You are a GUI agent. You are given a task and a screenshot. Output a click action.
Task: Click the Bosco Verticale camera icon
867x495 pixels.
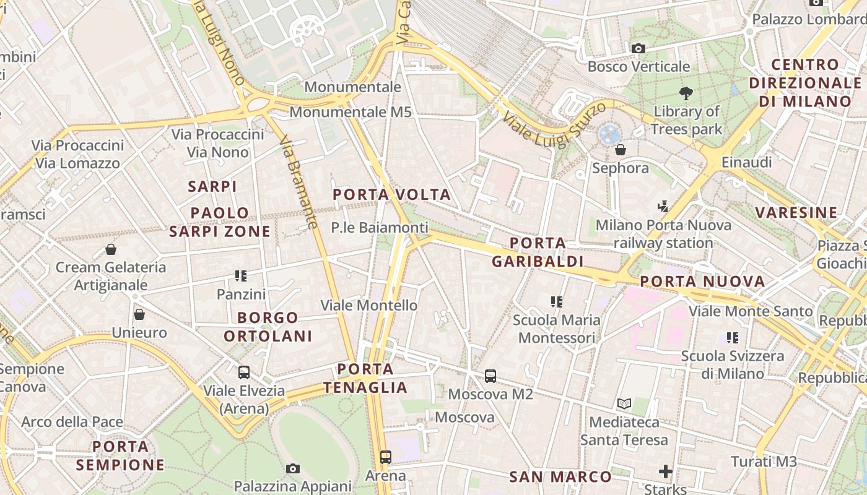click(x=638, y=48)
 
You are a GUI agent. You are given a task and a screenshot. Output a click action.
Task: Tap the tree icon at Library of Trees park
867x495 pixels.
click(x=686, y=93)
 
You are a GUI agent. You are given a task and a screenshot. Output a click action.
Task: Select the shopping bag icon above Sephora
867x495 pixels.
click(x=620, y=150)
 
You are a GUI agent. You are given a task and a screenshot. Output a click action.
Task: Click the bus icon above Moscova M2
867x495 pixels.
click(x=490, y=376)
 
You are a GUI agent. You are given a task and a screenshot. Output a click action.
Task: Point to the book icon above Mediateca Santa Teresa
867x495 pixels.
click(x=624, y=404)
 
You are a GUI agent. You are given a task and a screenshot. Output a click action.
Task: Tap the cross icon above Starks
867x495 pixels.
click(x=666, y=472)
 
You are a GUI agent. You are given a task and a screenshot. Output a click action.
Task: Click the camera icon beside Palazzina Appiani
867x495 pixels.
click(x=293, y=468)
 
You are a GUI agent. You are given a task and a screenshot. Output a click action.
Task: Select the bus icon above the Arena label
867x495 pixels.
click(x=386, y=457)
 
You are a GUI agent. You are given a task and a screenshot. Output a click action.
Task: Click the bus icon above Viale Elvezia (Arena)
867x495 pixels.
click(x=244, y=372)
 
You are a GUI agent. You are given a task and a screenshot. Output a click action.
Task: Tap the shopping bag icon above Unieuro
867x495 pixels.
click(x=139, y=314)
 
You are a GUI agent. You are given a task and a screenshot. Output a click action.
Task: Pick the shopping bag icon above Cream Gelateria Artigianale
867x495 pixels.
click(x=111, y=249)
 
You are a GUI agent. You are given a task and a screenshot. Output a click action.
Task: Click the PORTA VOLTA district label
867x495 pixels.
click(x=391, y=195)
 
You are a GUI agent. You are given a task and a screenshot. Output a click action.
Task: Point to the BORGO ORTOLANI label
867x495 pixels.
click(x=268, y=327)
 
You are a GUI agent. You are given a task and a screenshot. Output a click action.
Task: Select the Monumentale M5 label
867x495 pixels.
click(x=351, y=112)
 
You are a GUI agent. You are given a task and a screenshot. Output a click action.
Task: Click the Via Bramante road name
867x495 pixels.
click(x=298, y=183)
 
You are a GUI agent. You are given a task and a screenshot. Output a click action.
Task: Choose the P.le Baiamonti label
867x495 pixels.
click(x=379, y=228)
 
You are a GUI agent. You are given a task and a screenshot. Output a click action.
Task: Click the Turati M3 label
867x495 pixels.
click(x=764, y=462)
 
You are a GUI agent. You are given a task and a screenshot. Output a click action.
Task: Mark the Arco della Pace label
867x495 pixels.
click(x=72, y=422)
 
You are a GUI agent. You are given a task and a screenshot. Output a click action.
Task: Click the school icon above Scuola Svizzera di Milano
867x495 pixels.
click(x=733, y=338)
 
